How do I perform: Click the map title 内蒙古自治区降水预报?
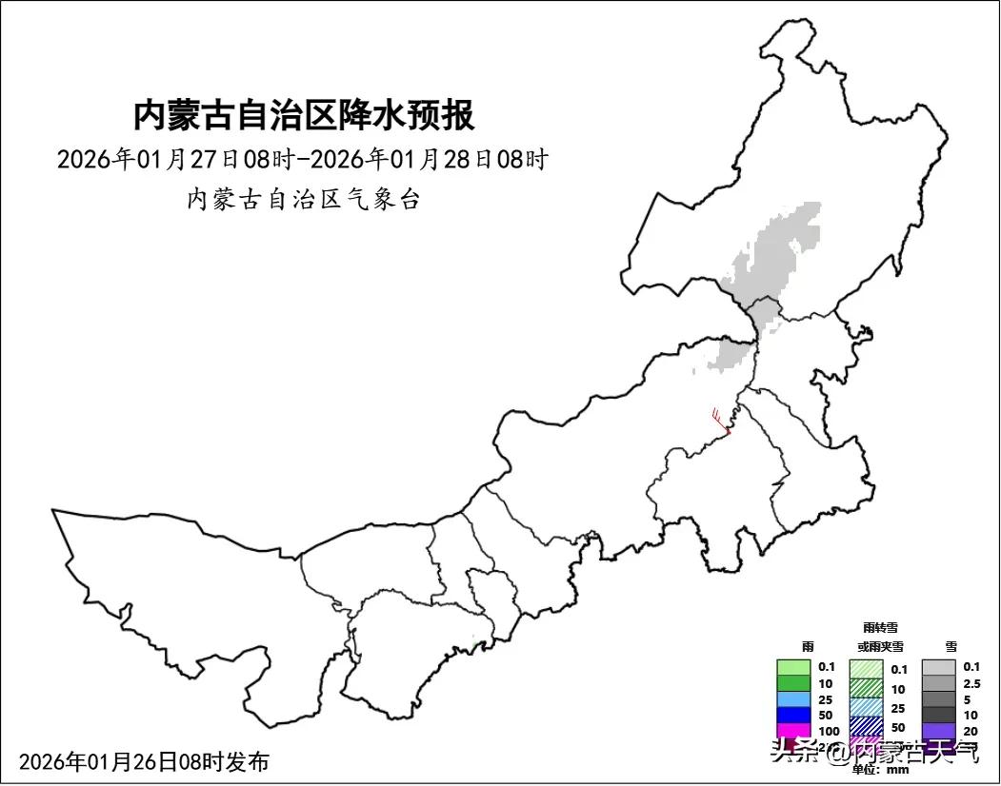pos(304,116)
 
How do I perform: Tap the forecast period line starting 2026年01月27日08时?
pos(303,159)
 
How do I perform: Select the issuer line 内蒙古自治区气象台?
pos(303,200)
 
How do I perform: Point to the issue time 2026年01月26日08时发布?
pos(144,761)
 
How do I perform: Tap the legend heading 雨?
pos(808,646)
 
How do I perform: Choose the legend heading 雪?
pos(951,646)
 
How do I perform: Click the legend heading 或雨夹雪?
pos(879,646)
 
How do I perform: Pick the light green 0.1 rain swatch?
pos(793,667)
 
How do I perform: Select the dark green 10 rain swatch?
pos(793,683)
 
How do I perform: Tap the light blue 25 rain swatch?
pos(793,699)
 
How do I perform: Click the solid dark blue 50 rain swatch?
pos(793,716)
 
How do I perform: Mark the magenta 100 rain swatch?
pos(793,731)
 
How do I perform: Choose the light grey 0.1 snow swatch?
pos(938,667)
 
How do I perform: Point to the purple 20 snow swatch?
pos(938,731)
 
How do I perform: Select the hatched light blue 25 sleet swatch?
pos(867,707)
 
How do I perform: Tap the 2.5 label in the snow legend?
pos(971,683)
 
